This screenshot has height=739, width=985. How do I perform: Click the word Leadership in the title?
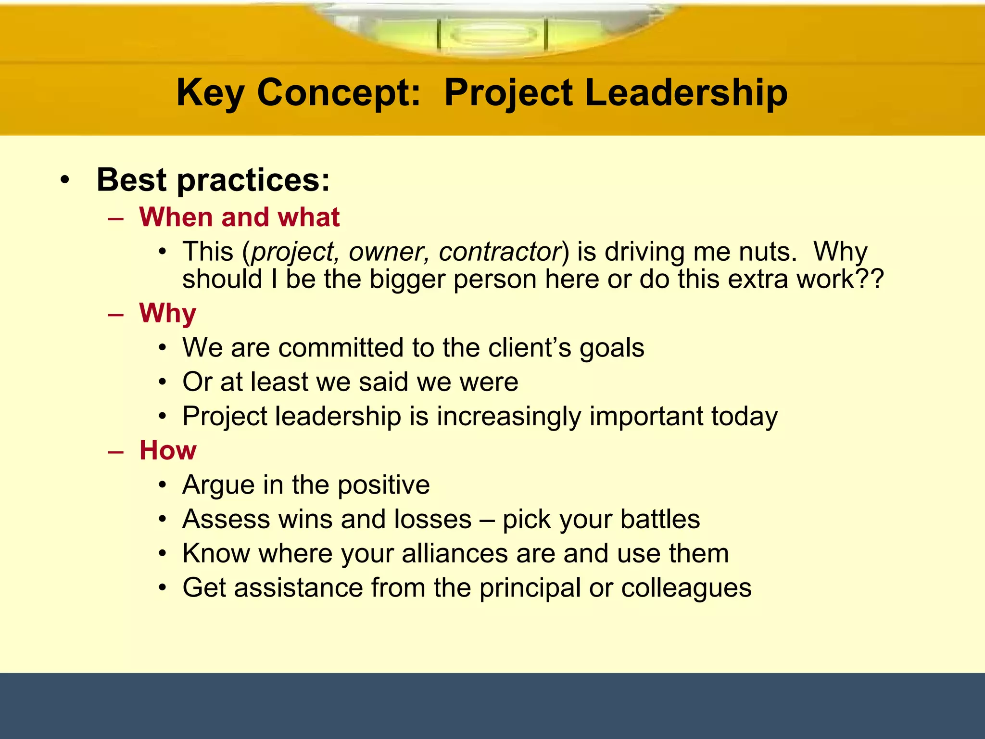click(x=686, y=92)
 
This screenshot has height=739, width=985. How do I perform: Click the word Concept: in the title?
click(x=339, y=93)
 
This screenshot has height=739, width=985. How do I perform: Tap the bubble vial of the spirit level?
click(x=492, y=35)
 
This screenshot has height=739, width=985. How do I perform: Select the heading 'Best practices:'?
click(x=213, y=180)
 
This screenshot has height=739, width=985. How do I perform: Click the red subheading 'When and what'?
click(x=239, y=217)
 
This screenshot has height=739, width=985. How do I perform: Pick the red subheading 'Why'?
click(x=167, y=314)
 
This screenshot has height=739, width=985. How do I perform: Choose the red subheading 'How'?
click(x=167, y=450)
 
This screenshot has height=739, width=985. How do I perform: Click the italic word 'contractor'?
click(x=500, y=252)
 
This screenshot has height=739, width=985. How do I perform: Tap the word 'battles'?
click(x=660, y=519)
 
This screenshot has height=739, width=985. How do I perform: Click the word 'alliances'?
click(x=455, y=553)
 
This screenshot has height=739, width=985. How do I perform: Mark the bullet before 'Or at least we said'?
click(x=163, y=382)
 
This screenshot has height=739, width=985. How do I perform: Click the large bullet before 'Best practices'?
click(x=65, y=181)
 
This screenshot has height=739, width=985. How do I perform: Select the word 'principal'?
click(x=530, y=588)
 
